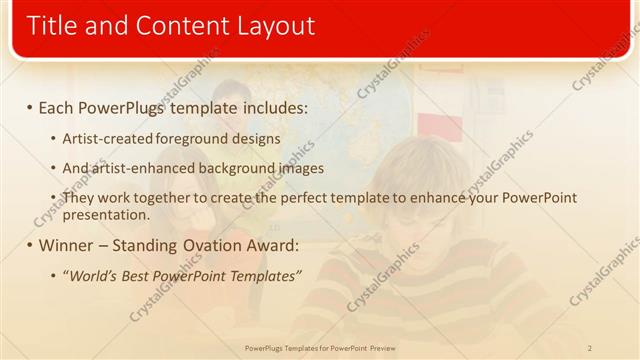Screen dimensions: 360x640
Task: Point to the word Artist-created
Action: (x=102, y=139)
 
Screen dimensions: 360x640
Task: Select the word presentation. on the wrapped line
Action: (x=106, y=214)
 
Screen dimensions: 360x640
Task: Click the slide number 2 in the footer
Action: (x=590, y=348)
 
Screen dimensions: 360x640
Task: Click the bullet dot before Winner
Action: (x=30, y=245)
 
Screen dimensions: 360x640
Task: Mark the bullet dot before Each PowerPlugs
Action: (x=30, y=105)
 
